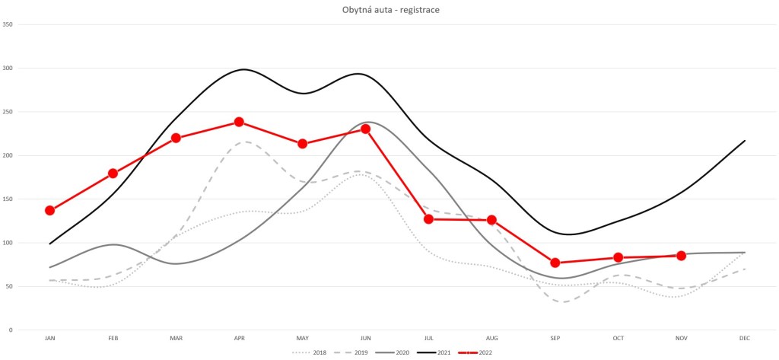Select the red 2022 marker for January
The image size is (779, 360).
(x=49, y=210)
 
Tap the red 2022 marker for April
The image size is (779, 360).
(x=239, y=122)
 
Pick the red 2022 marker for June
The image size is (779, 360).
(x=365, y=129)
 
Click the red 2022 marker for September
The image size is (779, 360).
(x=555, y=263)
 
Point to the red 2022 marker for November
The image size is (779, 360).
(x=681, y=256)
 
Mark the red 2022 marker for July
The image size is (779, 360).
(x=428, y=219)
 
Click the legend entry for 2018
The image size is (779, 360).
(x=313, y=352)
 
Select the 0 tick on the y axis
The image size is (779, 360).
(x=11, y=330)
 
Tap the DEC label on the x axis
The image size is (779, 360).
(x=744, y=337)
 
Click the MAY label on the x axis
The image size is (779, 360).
(x=302, y=337)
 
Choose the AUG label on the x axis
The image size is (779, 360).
(x=491, y=337)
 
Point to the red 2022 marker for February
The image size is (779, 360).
(x=113, y=174)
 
